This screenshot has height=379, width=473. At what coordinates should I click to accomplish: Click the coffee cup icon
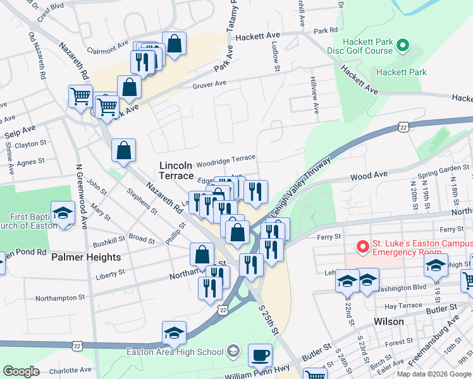pos(260,355)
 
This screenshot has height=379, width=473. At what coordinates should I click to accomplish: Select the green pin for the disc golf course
pos(403,45)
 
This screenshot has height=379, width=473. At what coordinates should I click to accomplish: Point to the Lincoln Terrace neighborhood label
pos(175,171)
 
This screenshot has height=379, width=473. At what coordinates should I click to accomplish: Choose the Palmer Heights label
pos(86,257)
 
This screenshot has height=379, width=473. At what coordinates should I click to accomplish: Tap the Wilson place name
pos(389,322)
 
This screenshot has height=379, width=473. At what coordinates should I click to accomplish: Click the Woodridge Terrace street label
pos(226,157)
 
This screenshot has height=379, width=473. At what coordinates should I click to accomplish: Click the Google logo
pos(21,371)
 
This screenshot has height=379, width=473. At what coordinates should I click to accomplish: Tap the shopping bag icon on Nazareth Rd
pos(124,150)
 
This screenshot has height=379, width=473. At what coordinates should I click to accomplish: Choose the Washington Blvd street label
pos(402,287)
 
